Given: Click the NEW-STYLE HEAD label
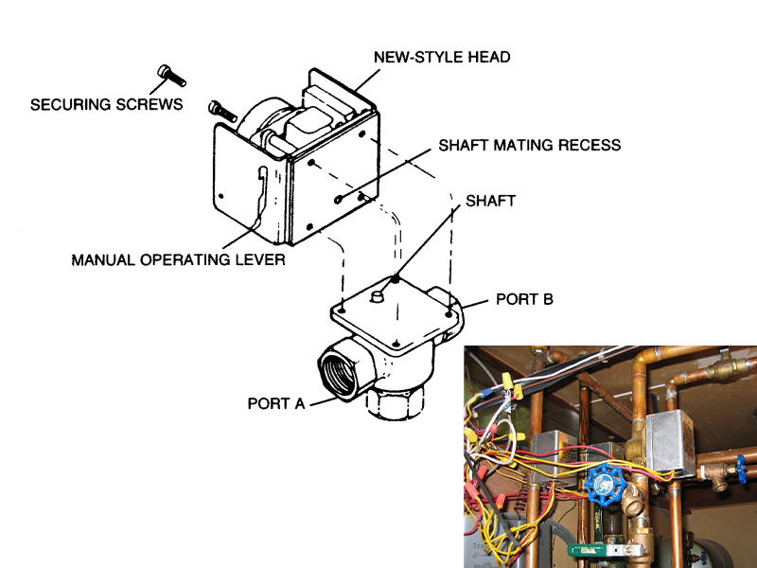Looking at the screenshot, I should (442, 58).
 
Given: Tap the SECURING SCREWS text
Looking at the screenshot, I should (106, 104).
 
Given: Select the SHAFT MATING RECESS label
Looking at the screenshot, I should (529, 146).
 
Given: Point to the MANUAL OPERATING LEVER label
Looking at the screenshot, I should (178, 259).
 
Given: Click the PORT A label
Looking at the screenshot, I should (276, 403).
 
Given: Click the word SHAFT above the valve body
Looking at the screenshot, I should (490, 202).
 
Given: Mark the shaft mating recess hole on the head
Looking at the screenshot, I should (338, 199).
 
